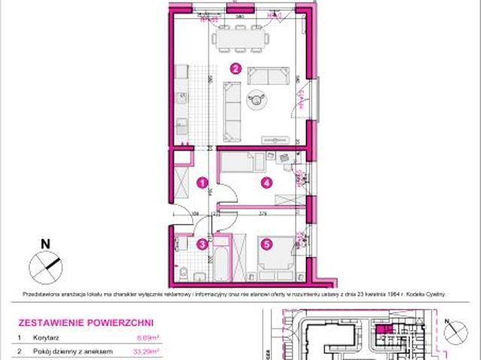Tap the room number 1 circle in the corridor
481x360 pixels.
tap(200, 182)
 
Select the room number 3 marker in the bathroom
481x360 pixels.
tap(201, 243)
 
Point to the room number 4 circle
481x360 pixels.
tap(265, 182)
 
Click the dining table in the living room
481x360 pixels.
tap(240, 36)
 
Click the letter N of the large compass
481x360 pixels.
tap(45, 244)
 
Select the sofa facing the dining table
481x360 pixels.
tap(268, 75)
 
